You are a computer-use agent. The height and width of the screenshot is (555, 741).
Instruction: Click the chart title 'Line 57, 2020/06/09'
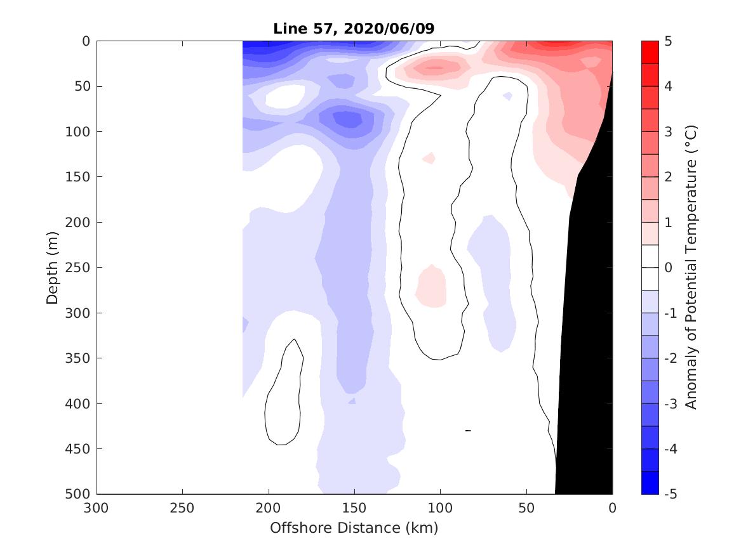354,29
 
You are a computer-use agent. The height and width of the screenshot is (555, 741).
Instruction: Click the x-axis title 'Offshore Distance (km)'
354,528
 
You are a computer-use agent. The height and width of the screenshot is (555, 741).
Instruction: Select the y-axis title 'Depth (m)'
53,268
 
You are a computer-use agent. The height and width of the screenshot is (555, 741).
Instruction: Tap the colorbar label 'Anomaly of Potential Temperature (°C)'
691,268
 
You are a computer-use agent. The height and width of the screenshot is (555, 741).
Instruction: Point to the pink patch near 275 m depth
431,289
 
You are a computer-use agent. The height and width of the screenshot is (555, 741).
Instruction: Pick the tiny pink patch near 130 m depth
429,158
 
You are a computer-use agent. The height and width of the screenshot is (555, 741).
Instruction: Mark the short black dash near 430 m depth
468,431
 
